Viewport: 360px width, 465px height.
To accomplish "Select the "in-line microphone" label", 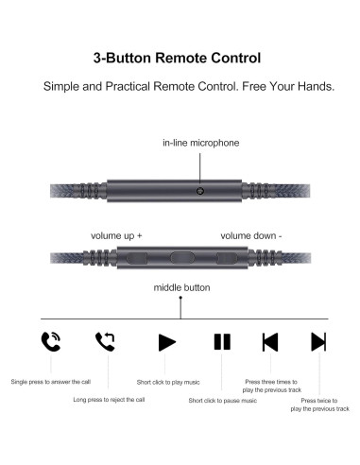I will (x=200, y=143).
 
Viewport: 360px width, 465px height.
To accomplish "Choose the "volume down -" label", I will (x=251, y=234).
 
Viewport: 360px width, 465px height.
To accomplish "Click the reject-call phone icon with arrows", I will (x=105, y=341).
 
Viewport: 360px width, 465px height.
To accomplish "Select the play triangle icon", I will (x=166, y=341).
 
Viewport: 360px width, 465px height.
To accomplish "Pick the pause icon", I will (x=222, y=341).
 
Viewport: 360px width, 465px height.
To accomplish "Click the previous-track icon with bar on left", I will (x=270, y=341).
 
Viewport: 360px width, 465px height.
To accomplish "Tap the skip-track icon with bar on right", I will (x=318, y=341).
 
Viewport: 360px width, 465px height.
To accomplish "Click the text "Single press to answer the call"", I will (x=51, y=382).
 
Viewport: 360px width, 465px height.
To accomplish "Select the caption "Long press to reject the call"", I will (x=109, y=400).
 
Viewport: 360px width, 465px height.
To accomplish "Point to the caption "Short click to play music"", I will (x=168, y=382).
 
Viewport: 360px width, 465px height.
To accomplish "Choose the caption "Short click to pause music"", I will (x=222, y=400).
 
